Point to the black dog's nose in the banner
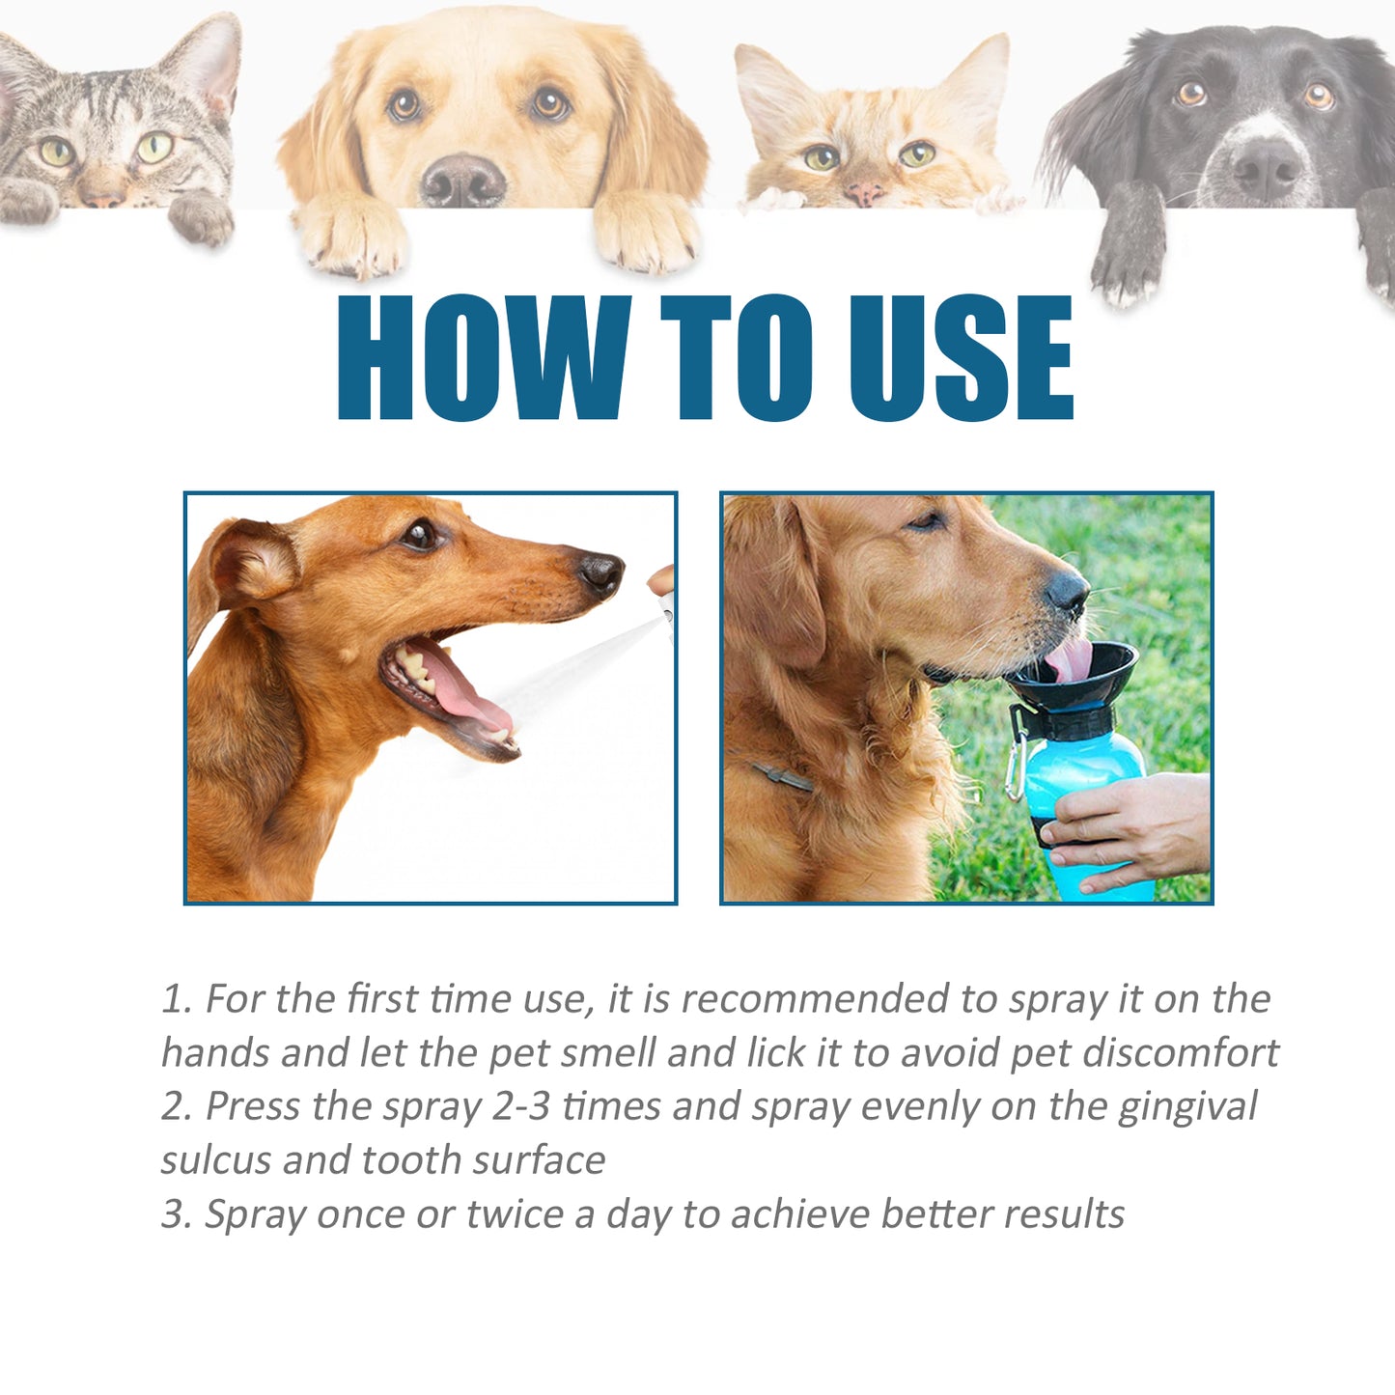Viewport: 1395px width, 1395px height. (1267, 167)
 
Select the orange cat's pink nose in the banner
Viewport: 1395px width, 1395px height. (863, 194)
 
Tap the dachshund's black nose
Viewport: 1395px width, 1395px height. (601, 573)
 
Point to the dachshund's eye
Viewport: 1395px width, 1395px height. (420, 534)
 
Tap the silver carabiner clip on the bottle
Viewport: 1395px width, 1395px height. (1014, 767)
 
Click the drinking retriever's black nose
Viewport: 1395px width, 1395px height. (1068, 591)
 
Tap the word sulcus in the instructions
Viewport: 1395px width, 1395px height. (215, 1160)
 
